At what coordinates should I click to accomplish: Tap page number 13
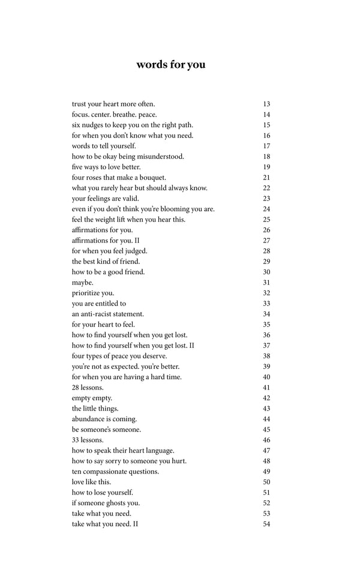[x=266, y=104]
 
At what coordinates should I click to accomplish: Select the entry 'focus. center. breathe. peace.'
[x=113, y=115]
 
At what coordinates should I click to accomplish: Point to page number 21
[x=266, y=178]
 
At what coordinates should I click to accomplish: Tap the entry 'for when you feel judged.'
[x=109, y=251]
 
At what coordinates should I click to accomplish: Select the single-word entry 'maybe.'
[x=83, y=283]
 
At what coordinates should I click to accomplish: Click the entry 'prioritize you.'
[x=93, y=293]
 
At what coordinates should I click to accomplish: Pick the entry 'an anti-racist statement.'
[x=108, y=314]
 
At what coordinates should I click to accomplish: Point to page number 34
[x=266, y=314]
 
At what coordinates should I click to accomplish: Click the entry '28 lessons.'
[x=88, y=388]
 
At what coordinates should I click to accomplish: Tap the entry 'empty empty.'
[x=92, y=398]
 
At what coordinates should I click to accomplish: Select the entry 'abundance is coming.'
[x=104, y=419]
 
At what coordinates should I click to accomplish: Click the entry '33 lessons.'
[x=88, y=440]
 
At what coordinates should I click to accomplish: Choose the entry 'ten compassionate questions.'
[x=115, y=472]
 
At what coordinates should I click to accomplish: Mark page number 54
[x=266, y=524]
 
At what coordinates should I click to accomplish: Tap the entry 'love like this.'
[x=91, y=482]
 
